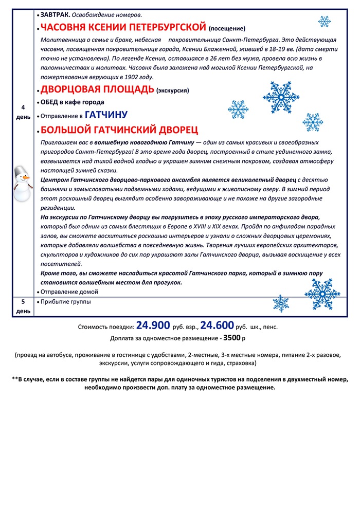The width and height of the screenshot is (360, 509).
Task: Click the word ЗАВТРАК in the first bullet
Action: click(x=53, y=14)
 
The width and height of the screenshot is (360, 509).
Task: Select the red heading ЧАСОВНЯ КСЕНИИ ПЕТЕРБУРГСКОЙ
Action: click(x=123, y=27)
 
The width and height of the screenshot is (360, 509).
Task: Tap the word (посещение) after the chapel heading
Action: click(x=227, y=28)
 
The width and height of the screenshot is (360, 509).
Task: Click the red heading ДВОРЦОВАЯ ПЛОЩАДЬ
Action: click(x=97, y=89)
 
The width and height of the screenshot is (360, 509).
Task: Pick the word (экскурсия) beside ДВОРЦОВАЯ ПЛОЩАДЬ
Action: click(x=173, y=91)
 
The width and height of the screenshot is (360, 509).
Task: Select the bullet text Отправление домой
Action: click(x=69, y=292)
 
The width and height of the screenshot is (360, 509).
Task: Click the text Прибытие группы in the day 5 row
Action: click(x=66, y=302)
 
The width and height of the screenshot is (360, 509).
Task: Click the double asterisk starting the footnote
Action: click(x=15, y=379)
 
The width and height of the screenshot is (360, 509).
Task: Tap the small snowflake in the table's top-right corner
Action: click(x=324, y=22)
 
